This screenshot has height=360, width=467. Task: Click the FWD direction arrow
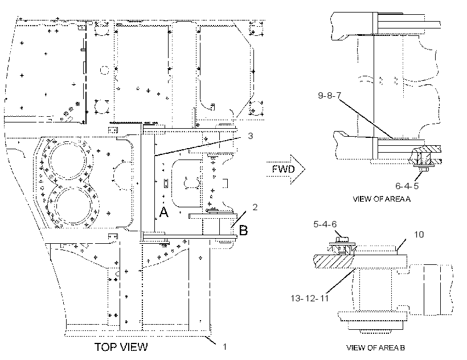point(285,169)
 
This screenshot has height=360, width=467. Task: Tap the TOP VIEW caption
point(121,347)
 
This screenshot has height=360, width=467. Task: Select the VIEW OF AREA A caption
point(382,199)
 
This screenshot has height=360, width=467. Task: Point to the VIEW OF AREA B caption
point(375,347)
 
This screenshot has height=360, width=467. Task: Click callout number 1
point(225,346)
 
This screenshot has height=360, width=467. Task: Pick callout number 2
point(255,207)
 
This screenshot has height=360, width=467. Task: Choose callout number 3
point(251,136)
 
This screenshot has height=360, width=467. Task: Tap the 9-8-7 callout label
point(329,95)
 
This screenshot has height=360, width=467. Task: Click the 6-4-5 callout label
point(407,186)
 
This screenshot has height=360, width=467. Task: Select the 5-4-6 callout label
point(325,224)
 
